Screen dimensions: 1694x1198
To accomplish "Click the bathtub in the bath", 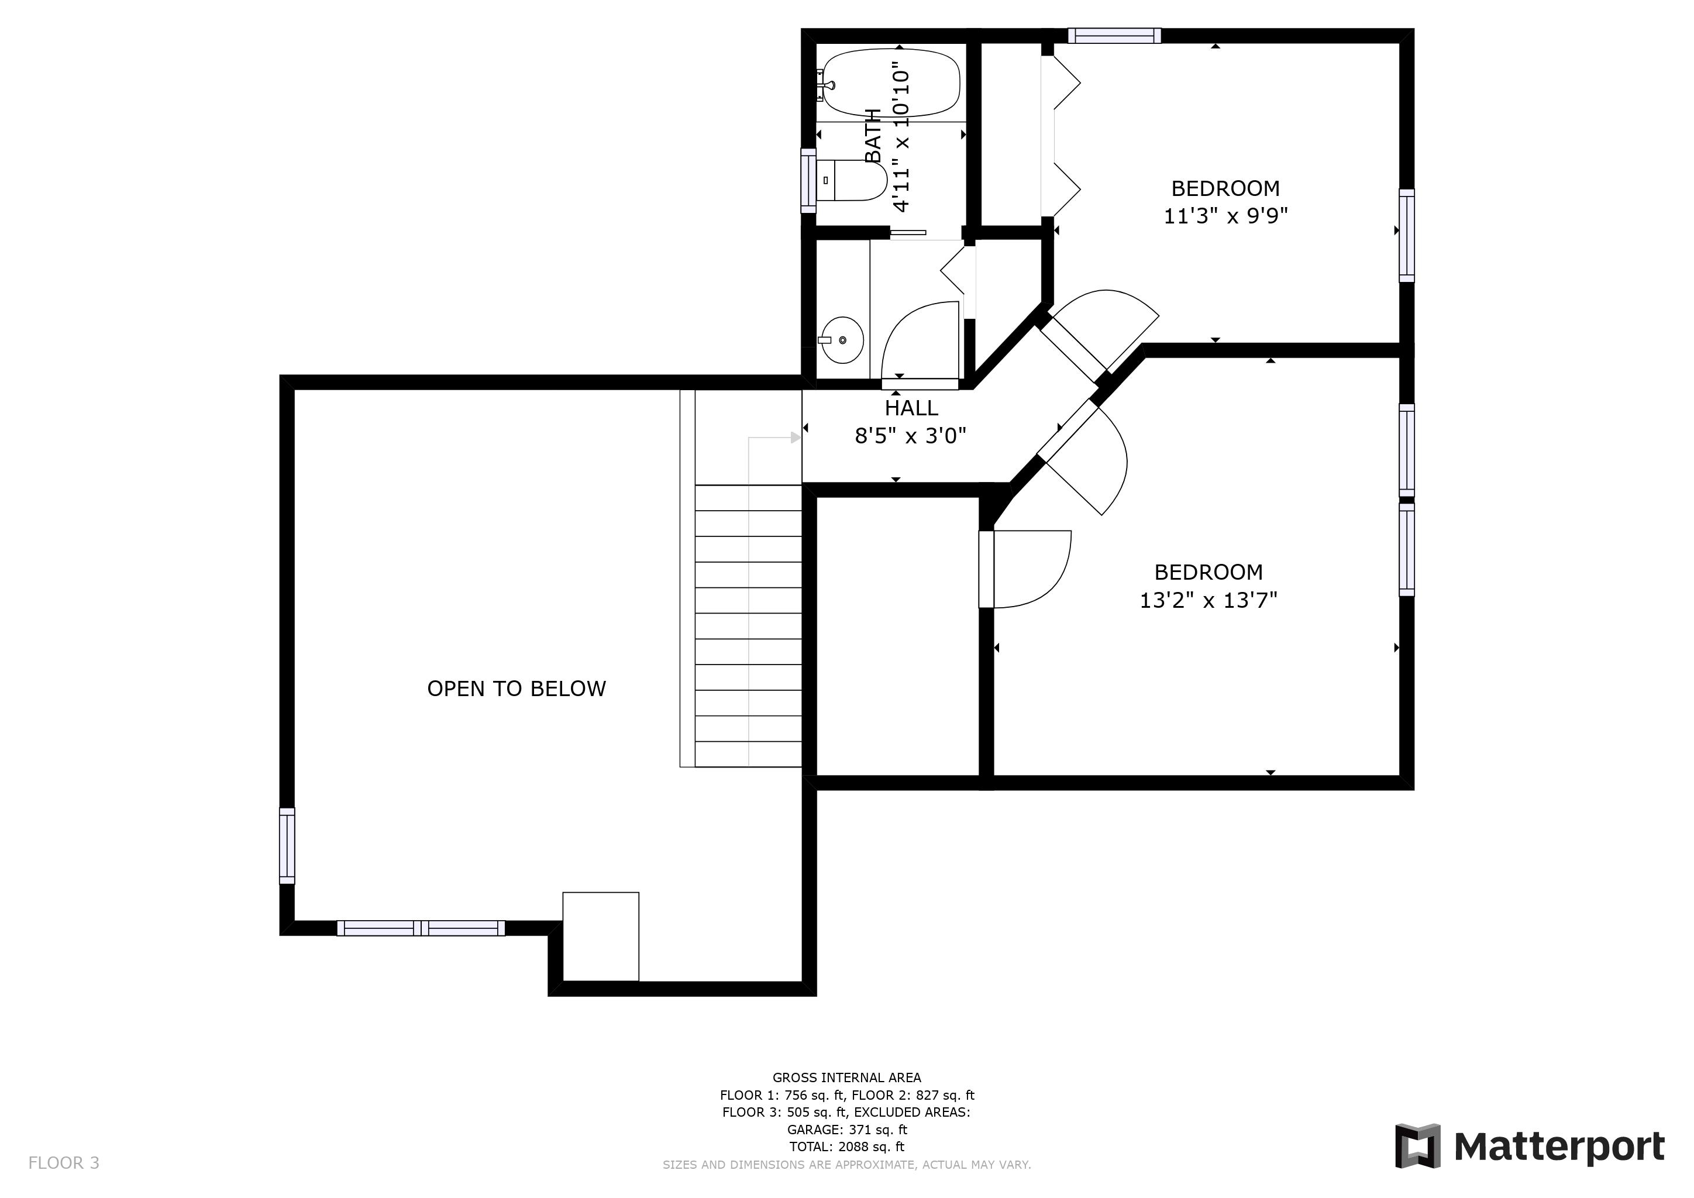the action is tap(891, 82).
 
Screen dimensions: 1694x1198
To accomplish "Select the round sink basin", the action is tap(842, 340).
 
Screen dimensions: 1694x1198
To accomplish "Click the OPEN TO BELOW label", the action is tap(517, 688).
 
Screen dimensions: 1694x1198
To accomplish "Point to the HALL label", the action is tap(911, 408).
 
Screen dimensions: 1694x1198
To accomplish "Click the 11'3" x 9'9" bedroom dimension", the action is tap(1225, 216).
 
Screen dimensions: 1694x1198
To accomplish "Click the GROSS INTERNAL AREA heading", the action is tap(847, 1077).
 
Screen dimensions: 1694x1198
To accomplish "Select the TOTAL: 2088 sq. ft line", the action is tap(847, 1147).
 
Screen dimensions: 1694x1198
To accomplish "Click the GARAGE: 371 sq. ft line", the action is tap(847, 1130).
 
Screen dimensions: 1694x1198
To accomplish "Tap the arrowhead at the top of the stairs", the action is tap(796, 438).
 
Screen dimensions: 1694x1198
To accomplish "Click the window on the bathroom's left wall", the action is tap(808, 181).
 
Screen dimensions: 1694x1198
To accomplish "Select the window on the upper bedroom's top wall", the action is tap(1114, 36).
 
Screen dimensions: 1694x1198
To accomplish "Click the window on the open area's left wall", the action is tap(287, 846).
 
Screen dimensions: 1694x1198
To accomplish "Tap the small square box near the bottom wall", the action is tap(601, 937).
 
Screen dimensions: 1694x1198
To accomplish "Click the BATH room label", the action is tap(873, 136).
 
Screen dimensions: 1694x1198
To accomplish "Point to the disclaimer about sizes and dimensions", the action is tap(847, 1165).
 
